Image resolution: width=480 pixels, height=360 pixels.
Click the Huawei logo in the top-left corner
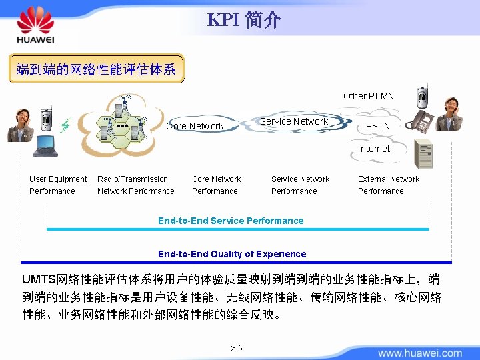35,25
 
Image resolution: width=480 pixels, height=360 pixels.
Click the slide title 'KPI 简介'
244,20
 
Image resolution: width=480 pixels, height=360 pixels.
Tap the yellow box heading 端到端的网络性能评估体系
96,69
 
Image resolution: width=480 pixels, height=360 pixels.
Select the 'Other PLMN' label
368,96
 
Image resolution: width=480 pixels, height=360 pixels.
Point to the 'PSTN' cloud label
378,126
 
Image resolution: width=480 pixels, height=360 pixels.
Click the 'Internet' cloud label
373,149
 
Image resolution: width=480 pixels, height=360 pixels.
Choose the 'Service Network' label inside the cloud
294,121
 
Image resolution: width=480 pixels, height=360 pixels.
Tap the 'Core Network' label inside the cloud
195,126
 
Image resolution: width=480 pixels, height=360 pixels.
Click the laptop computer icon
45,146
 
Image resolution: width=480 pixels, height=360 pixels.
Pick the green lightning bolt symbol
65,125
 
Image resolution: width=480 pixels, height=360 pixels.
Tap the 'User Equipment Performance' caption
58,185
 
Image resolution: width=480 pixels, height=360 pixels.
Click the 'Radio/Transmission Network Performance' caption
135,185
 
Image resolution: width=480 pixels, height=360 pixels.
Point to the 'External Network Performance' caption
389,185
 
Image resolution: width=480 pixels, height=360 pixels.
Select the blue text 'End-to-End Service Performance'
231,221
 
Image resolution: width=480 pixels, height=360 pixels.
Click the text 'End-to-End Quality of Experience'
232,254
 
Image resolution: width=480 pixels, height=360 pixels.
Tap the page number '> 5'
236,348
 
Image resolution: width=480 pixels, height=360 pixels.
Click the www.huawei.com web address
419,353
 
